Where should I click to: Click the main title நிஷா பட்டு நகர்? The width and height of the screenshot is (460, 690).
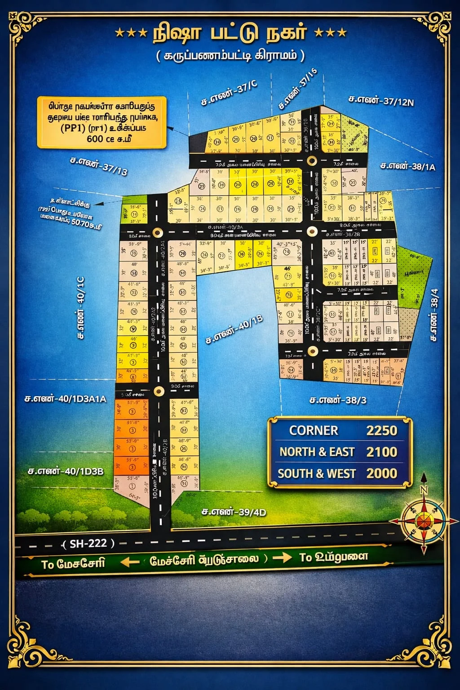click(230, 33)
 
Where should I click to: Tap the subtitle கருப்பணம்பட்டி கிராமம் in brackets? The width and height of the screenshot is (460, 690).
click(230, 56)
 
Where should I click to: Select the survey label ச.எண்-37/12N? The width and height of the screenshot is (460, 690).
click(381, 101)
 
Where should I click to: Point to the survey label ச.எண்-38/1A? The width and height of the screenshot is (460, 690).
click(407, 166)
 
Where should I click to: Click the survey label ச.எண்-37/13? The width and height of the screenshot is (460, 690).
click(99, 165)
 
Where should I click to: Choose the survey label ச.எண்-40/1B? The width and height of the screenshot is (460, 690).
click(234, 329)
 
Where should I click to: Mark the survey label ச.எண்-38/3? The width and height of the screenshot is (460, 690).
click(338, 400)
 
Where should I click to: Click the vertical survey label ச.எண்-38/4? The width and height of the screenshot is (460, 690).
click(434, 314)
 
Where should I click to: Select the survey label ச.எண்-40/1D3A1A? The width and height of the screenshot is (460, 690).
click(66, 398)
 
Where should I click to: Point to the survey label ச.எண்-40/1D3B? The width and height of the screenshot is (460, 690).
click(66, 471)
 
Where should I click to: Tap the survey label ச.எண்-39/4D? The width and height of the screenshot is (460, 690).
click(234, 512)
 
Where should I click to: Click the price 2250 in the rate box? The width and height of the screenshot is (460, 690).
click(381, 430)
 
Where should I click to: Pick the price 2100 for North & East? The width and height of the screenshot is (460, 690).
click(381, 452)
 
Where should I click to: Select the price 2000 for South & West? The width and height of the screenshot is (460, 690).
click(381, 473)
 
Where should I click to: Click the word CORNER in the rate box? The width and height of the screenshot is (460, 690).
click(314, 430)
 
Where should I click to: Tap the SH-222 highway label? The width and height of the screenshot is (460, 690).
click(88, 544)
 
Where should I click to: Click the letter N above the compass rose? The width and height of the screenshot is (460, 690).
click(424, 490)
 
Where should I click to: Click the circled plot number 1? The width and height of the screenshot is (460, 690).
click(132, 487)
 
